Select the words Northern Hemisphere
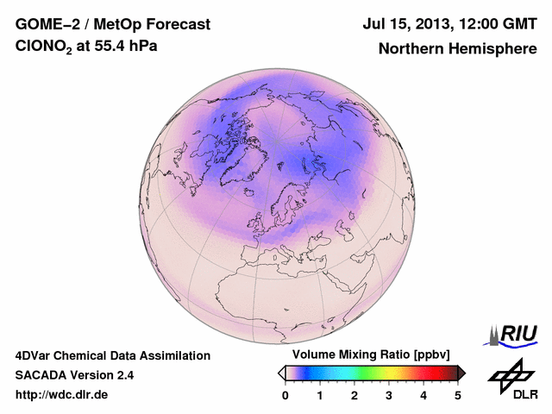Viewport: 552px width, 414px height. pyautogui.click(x=457, y=48)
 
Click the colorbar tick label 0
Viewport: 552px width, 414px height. pyautogui.click(x=285, y=396)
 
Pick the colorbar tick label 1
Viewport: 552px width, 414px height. pyautogui.click(x=320, y=396)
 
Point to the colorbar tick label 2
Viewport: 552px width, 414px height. pyautogui.click(x=354, y=396)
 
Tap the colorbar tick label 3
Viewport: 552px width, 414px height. pyautogui.click(x=389, y=396)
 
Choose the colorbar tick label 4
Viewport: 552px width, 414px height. pyautogui.click(x=423, y=396)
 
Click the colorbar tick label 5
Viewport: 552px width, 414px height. pyautogui.click(x=458, y=396)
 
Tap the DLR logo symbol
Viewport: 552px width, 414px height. pyautogui.click(x=511, y=373)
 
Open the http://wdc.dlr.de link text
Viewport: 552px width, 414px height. pyautogui.click(x=62, y=396)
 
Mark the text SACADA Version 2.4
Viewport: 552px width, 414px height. pyautogui.click(x=74, y=376)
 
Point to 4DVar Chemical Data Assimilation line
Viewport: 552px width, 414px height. pyautogui.click(x=112, y=355)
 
